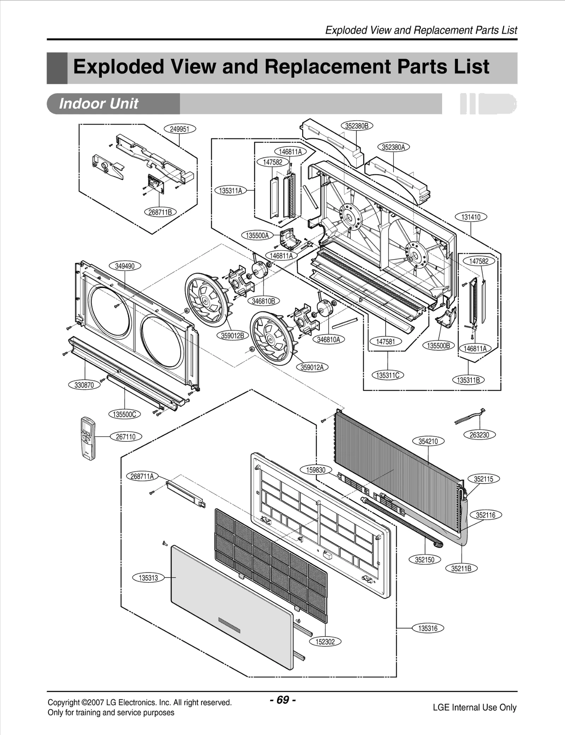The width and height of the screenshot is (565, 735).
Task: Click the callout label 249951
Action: (179, 129)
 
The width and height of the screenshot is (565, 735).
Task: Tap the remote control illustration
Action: (88, 438)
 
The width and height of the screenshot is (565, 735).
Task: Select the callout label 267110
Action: (126, 437)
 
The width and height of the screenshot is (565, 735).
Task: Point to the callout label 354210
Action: (428, 441)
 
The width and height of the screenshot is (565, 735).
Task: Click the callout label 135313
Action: (148, 578)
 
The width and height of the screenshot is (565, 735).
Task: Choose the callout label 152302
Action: (325, 641)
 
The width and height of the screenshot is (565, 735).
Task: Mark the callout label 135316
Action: (428, 628)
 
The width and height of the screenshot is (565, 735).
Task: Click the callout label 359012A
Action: (312, 367)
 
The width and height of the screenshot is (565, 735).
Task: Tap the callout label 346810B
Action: (263, 301)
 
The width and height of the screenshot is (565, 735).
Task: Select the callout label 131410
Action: (471, 217)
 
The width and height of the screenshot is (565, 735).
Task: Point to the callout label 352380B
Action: (357, 126)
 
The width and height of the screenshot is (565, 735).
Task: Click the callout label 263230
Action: (479, 435)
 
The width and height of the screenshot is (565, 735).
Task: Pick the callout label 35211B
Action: (461, 568)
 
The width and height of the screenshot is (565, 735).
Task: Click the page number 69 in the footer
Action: (282, 700)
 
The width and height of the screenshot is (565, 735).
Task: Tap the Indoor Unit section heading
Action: (99, 104)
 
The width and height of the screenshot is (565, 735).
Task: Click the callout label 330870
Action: (84, 385)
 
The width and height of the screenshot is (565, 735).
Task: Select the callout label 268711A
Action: (142, 476)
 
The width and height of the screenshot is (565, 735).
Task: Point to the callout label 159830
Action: (316, 470)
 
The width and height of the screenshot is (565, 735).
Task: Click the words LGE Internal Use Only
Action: (474, 707)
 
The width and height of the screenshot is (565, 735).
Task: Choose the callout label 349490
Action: (125, 266)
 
